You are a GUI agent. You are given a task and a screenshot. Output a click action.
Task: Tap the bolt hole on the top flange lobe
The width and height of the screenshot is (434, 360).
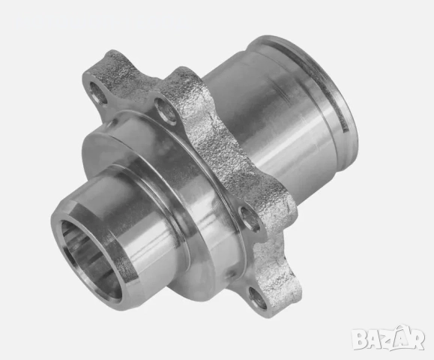168,112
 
